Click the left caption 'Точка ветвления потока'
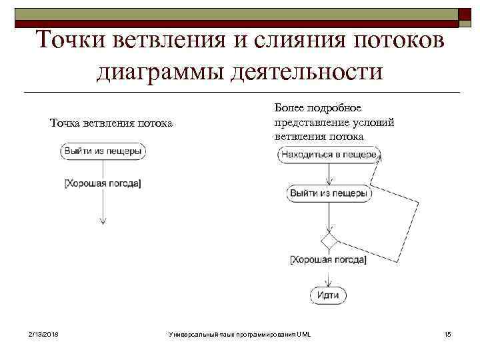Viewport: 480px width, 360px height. [111, 123]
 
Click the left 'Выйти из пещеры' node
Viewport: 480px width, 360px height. [103, 151]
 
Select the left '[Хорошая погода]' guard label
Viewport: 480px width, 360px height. [103, 183]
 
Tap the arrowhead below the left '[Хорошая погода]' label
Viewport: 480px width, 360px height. [103, 222]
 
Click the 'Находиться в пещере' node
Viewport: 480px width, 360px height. [329, 155]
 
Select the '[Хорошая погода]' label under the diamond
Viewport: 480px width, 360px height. [328, 260]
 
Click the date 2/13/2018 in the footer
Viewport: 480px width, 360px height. [43, 333]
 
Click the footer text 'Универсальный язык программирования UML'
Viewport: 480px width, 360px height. [240, 333]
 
